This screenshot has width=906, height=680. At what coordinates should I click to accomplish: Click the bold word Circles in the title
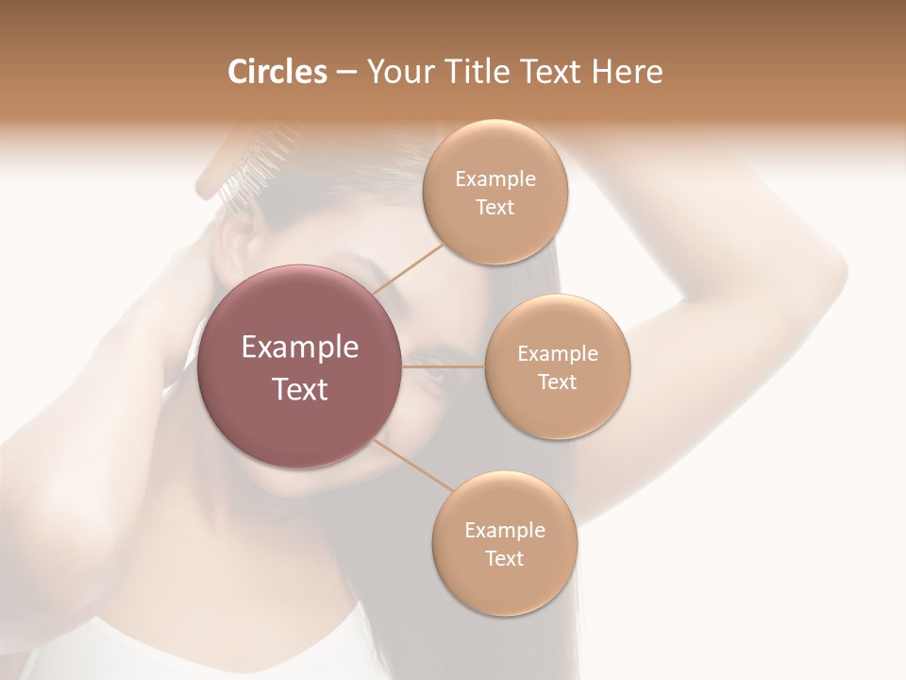277,72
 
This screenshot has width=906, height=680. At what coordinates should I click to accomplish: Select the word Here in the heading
628,72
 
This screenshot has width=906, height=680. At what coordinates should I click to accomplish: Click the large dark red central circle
299,366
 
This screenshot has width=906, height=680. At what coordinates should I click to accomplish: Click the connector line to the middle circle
442,366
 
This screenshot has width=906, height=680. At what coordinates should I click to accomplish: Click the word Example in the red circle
299,348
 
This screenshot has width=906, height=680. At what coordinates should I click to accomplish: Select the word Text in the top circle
495,208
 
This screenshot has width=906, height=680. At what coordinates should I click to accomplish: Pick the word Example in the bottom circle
504,530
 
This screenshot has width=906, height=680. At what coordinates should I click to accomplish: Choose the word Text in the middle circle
557,382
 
